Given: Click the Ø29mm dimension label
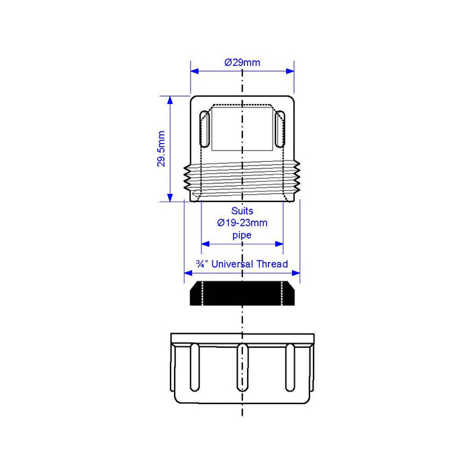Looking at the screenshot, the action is click(242, 62).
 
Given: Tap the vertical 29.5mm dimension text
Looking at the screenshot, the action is click(161, 148).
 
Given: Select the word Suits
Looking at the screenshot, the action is click(242, 211).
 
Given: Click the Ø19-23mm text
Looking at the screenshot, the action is click(242, 223).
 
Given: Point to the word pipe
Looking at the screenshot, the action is click(242, 235).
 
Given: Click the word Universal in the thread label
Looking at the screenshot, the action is click(232, 264).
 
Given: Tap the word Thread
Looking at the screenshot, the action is click(272, 264).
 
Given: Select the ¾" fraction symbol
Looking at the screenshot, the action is click(202, 264).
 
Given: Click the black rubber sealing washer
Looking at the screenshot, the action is click(242, 293).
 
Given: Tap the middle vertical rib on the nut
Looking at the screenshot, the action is click(242, 368).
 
